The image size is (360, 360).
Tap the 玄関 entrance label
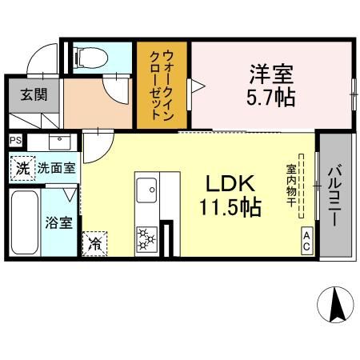tap(33, 94)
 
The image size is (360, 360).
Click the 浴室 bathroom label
tap(58, 220)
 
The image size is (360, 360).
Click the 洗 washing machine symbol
tap(22, 169)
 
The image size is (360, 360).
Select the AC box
tap(306, 242)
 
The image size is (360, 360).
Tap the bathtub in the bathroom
tap(25, 221)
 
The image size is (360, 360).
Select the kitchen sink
tap(147, 190)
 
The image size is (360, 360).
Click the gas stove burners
tap(147, 238)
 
